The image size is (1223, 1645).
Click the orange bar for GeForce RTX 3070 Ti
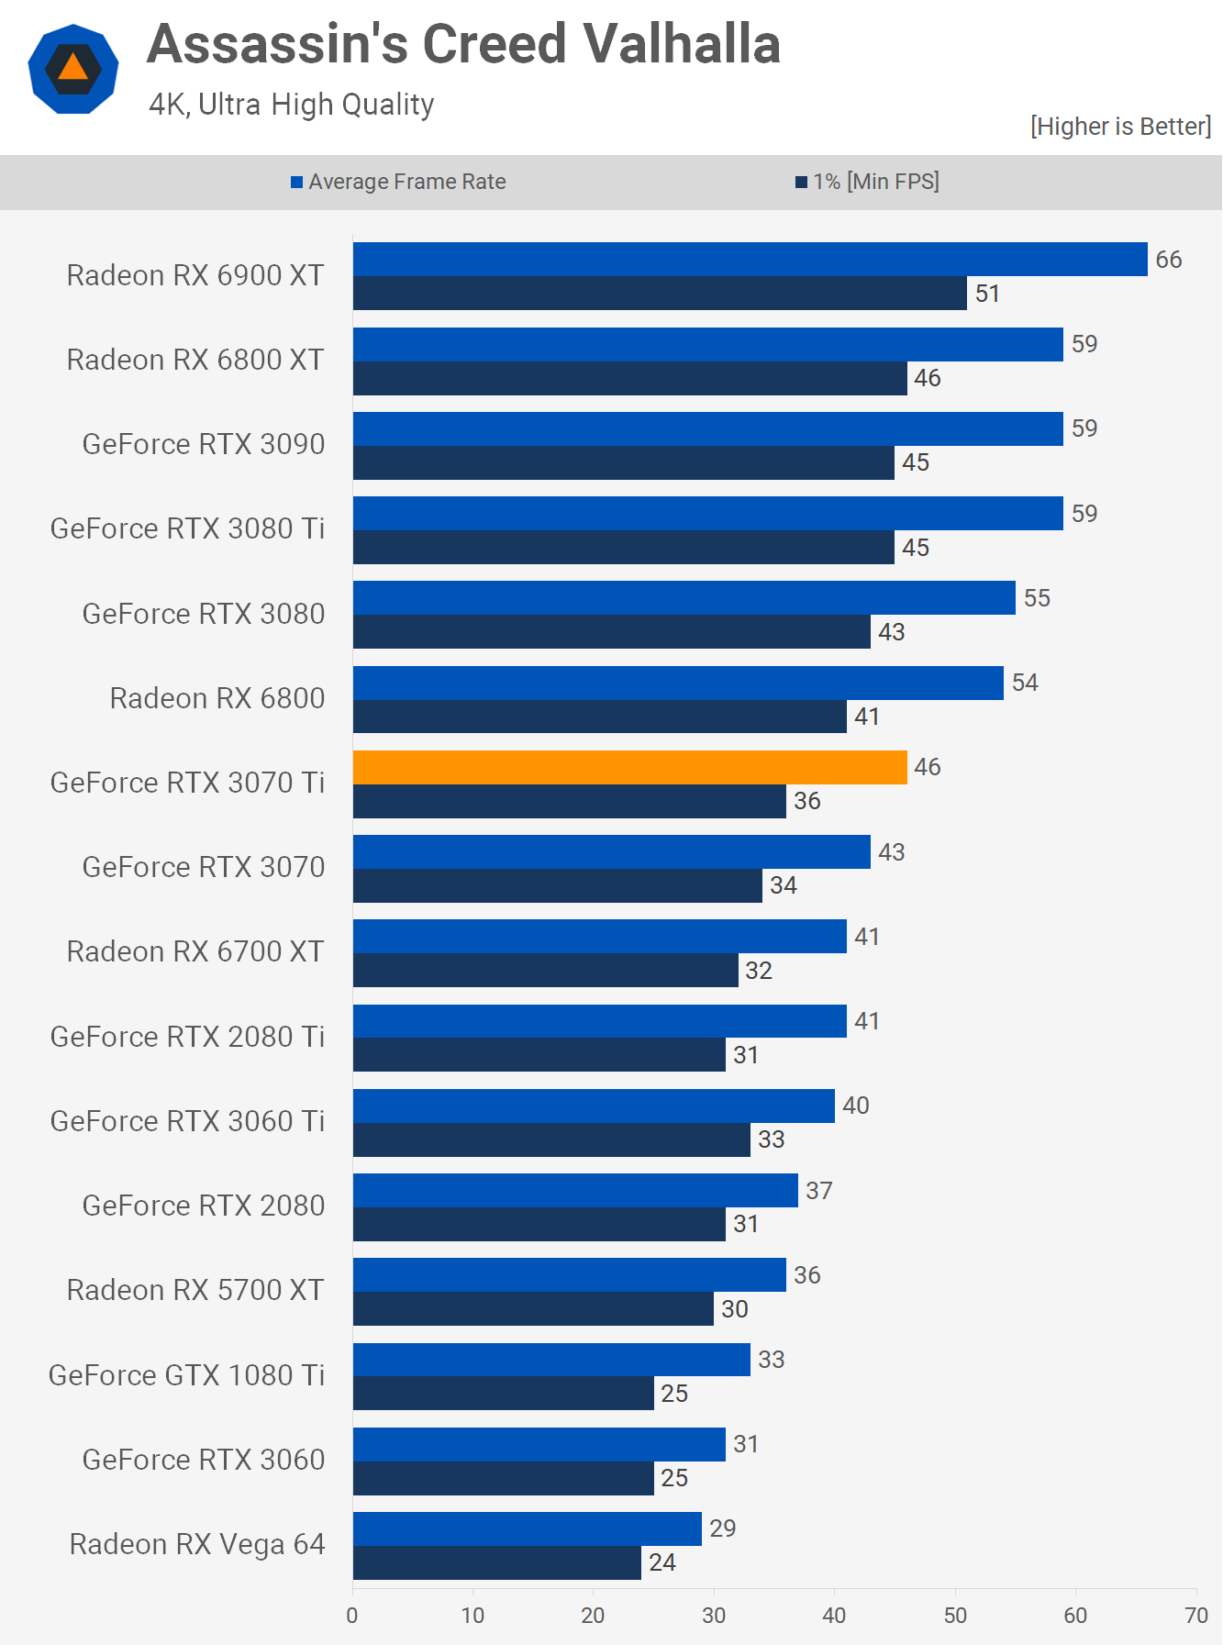coord(629,767)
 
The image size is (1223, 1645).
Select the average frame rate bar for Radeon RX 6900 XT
coord(750,259)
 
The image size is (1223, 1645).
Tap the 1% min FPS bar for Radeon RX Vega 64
coord(496,1562)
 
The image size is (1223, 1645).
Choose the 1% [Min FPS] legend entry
coord(868,182)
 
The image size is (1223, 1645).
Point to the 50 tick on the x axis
coord(955,1616)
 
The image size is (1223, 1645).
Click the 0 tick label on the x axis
coord(352,1616)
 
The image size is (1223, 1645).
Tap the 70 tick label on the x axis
coord(1196,1616)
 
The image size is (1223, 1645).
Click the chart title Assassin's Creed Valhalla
coord(463,44)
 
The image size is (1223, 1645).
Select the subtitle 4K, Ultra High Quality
coord(292,105)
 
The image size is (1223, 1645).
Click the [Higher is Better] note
coord(1120,126)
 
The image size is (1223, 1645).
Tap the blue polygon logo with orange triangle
coord(73,69)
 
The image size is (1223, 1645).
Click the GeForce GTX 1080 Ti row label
coord(186,1374)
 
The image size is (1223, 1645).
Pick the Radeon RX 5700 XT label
coord(195,1290)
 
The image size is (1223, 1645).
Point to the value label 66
coord(1168,260)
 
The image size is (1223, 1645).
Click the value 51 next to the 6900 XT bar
coord(987,294)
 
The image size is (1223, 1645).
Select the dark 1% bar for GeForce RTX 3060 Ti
coord(551,1139)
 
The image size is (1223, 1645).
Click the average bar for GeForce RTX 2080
coord(575,1190)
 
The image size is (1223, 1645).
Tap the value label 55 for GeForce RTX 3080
coord(1037,598)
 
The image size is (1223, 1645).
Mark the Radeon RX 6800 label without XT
coord(217,698)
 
